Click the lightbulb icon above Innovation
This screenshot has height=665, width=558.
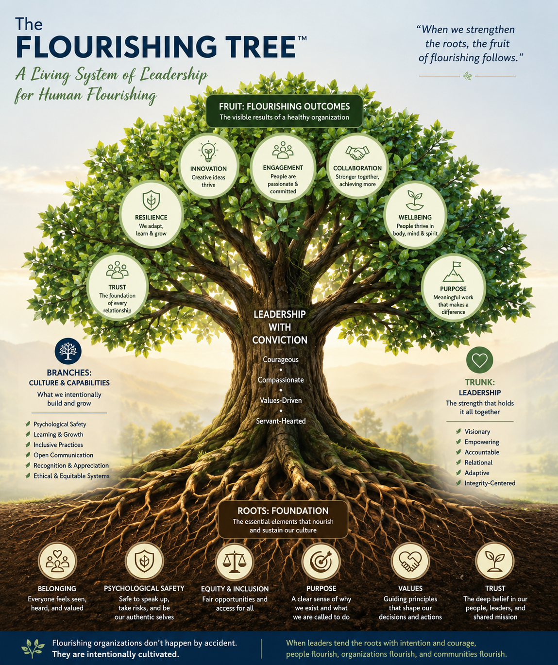[x=208, y=152]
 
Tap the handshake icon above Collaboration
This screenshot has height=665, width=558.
[x=357, y=153]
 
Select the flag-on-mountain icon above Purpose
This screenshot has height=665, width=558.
[x=454, y=272]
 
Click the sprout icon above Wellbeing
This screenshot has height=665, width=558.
[x=415, y=200]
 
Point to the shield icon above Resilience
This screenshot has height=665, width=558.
[x=151, y=200]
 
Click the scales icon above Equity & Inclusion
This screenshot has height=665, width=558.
[x=235, y=562]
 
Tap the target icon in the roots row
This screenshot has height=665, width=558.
[x=321, y=562]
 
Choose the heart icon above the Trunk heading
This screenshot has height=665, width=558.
[x=479, y=360]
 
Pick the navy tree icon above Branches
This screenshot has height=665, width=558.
[x=68, y=351]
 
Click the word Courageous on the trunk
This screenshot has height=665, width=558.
[x=281, y=359]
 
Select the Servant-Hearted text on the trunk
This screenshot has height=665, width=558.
[x=281, y=421]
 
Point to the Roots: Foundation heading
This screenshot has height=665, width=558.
[x=283, y=511]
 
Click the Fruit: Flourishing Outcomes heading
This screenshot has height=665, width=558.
[x=284, y=106]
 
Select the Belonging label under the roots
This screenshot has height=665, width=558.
[x=57, y=589]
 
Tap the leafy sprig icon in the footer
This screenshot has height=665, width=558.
[x=33, y=648]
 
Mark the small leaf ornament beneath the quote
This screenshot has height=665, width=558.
[x=467, y=76]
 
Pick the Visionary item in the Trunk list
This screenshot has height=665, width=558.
[x=477, y=431]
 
